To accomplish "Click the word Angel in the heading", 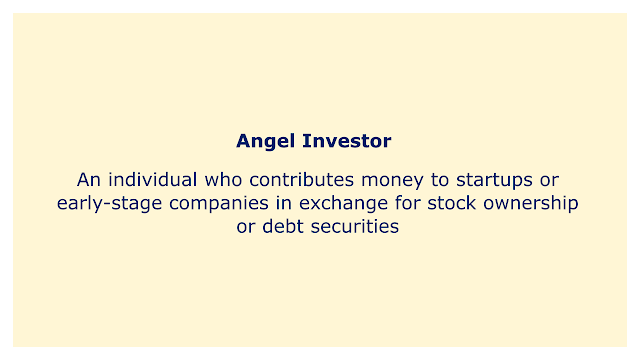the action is tap(265, 142).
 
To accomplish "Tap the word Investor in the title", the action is tap(347, 141).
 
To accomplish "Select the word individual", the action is tap(153, 180).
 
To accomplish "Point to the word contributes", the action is tap(302, 180).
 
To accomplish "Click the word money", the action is tap(392, 181).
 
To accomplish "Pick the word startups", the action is tap(494, 181).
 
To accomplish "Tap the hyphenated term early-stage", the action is tap(109, 204).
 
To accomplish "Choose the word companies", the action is tap(219, 204).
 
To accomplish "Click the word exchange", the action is tap(343, 204).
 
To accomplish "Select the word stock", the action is tap(451, 203).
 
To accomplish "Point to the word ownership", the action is tap(531, 204).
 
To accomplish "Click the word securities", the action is tap(355, 227).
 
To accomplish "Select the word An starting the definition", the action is tap(89, 180).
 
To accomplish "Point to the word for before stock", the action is tap(407, 203).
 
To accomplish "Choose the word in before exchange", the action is tap(284, 203).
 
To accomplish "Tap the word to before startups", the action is tap(440, 180).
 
